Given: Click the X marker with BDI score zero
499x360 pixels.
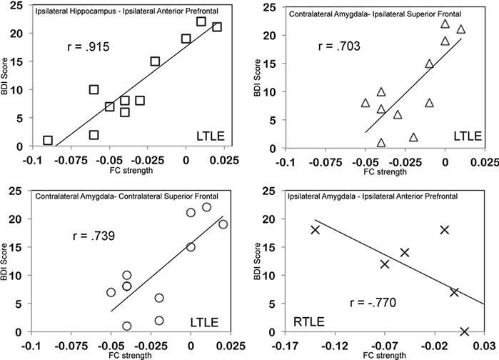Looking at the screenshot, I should [465, 331].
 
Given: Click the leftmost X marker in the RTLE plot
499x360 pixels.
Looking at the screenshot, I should [315, 229].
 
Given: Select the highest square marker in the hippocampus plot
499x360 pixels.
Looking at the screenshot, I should [201, 21].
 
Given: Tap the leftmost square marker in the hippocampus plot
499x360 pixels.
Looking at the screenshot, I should [48, 141].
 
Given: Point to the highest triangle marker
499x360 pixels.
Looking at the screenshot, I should [445, 24].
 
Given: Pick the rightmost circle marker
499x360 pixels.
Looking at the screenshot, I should [223, 224].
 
